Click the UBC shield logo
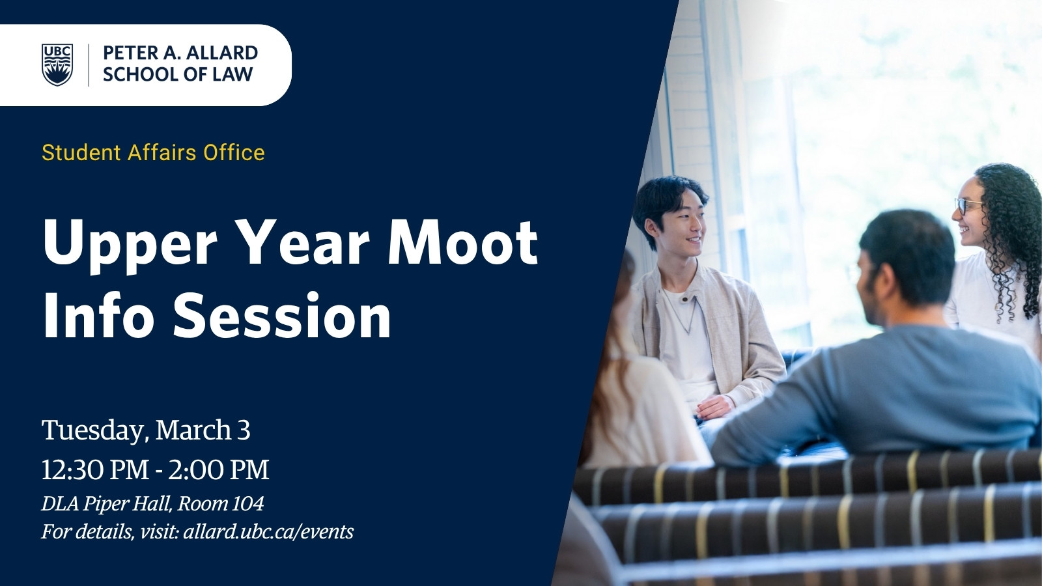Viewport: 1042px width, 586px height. [x=57, y=65]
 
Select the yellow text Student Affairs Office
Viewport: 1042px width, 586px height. [x=153, y=152]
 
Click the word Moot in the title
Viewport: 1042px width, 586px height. [x=463, y=244]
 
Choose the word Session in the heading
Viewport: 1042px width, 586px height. [x=283, y=315]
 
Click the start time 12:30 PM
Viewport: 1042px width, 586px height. [x=95, y=469]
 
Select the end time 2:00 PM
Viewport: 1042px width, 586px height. [x=219, y=469]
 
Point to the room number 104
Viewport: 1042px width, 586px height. [x=247, y=504]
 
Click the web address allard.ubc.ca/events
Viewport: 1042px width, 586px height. [x=268, y=531]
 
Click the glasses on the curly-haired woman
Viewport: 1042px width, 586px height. [x=968, y=206]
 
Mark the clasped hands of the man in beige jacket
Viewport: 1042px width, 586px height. [x=714, y=407]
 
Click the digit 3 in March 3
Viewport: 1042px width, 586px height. [x=244, y=430]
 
